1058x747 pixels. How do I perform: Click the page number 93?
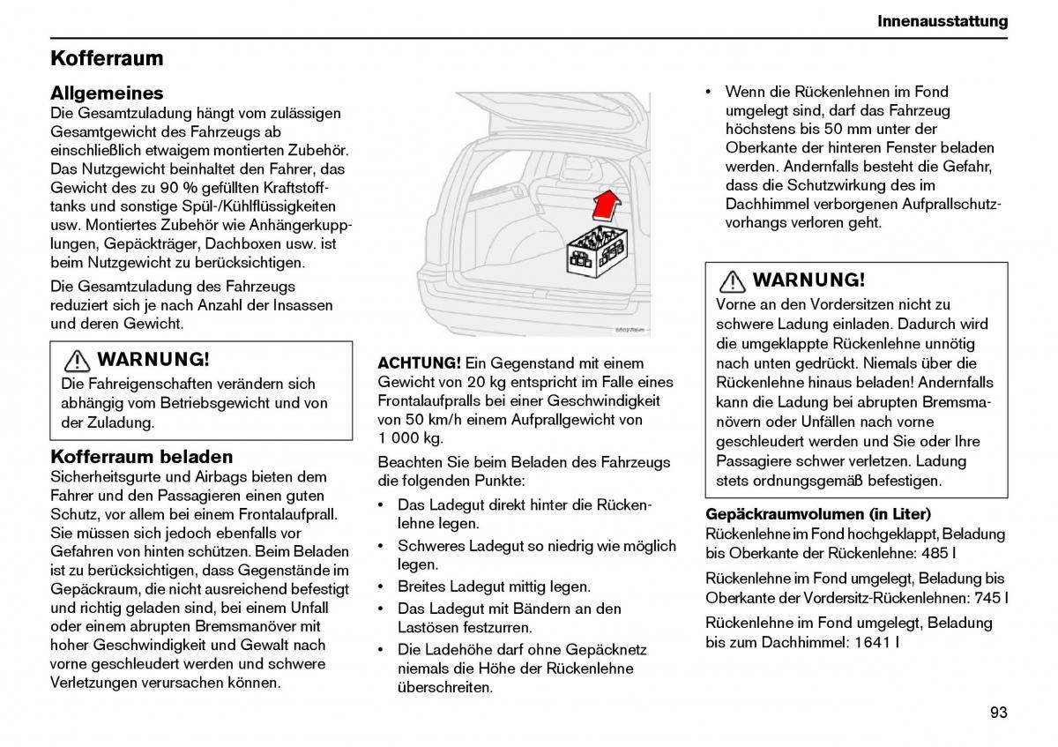click(x=998, y=713)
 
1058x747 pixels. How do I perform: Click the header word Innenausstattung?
click(x=943, y=21)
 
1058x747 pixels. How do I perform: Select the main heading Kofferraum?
click(x=107, y=58)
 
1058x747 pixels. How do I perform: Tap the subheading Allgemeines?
click(x=107, y=93)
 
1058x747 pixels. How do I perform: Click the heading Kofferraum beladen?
click(x=142, y=457)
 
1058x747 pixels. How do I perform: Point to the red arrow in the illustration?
click(x=607, y=205)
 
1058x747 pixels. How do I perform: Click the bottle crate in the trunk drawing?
click(x=597, y=250)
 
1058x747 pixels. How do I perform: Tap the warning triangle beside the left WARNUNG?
click(x=77, y=361)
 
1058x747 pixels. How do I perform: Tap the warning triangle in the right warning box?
click(x=732, y=281)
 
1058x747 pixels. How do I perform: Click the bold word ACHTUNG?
click(x=419, y=362)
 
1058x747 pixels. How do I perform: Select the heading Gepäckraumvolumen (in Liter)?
click(x=818, y=514)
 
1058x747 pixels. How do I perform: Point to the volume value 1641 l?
click(x=876, y=642)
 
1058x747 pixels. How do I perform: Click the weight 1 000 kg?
click(x=410, y=438)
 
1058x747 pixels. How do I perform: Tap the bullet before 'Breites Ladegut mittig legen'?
click(x=380, y=586)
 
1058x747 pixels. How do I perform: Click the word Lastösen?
click(x=428, y=627)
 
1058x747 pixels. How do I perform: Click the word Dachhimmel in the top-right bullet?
click(x=769, y=204)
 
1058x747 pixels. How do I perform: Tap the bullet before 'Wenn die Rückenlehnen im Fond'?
click(x=708, y=92)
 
